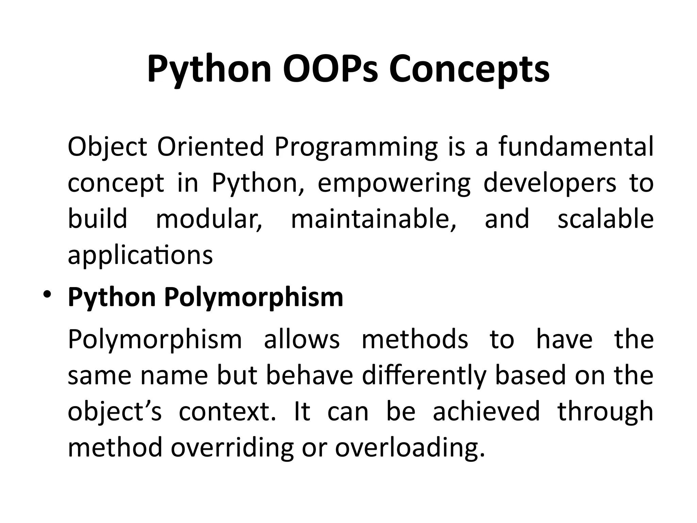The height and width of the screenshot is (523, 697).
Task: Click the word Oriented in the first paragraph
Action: point(210,147)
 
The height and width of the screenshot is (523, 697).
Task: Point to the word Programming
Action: point(356,147)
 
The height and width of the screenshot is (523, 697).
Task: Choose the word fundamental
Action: point(576,147)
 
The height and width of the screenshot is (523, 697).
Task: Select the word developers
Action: point(550,183)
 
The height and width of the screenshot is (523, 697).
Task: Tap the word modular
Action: point(209,219)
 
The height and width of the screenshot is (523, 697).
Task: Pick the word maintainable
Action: point(373,219)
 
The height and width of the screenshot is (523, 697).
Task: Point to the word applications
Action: point(140,255)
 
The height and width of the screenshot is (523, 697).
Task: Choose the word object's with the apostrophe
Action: point(115,411)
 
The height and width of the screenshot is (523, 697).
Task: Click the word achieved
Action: point(486,411)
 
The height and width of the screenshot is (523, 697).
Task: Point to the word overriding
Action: point(232,447)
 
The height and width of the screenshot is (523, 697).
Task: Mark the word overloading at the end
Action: point(409,447)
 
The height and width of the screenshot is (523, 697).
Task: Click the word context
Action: point(227,411)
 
